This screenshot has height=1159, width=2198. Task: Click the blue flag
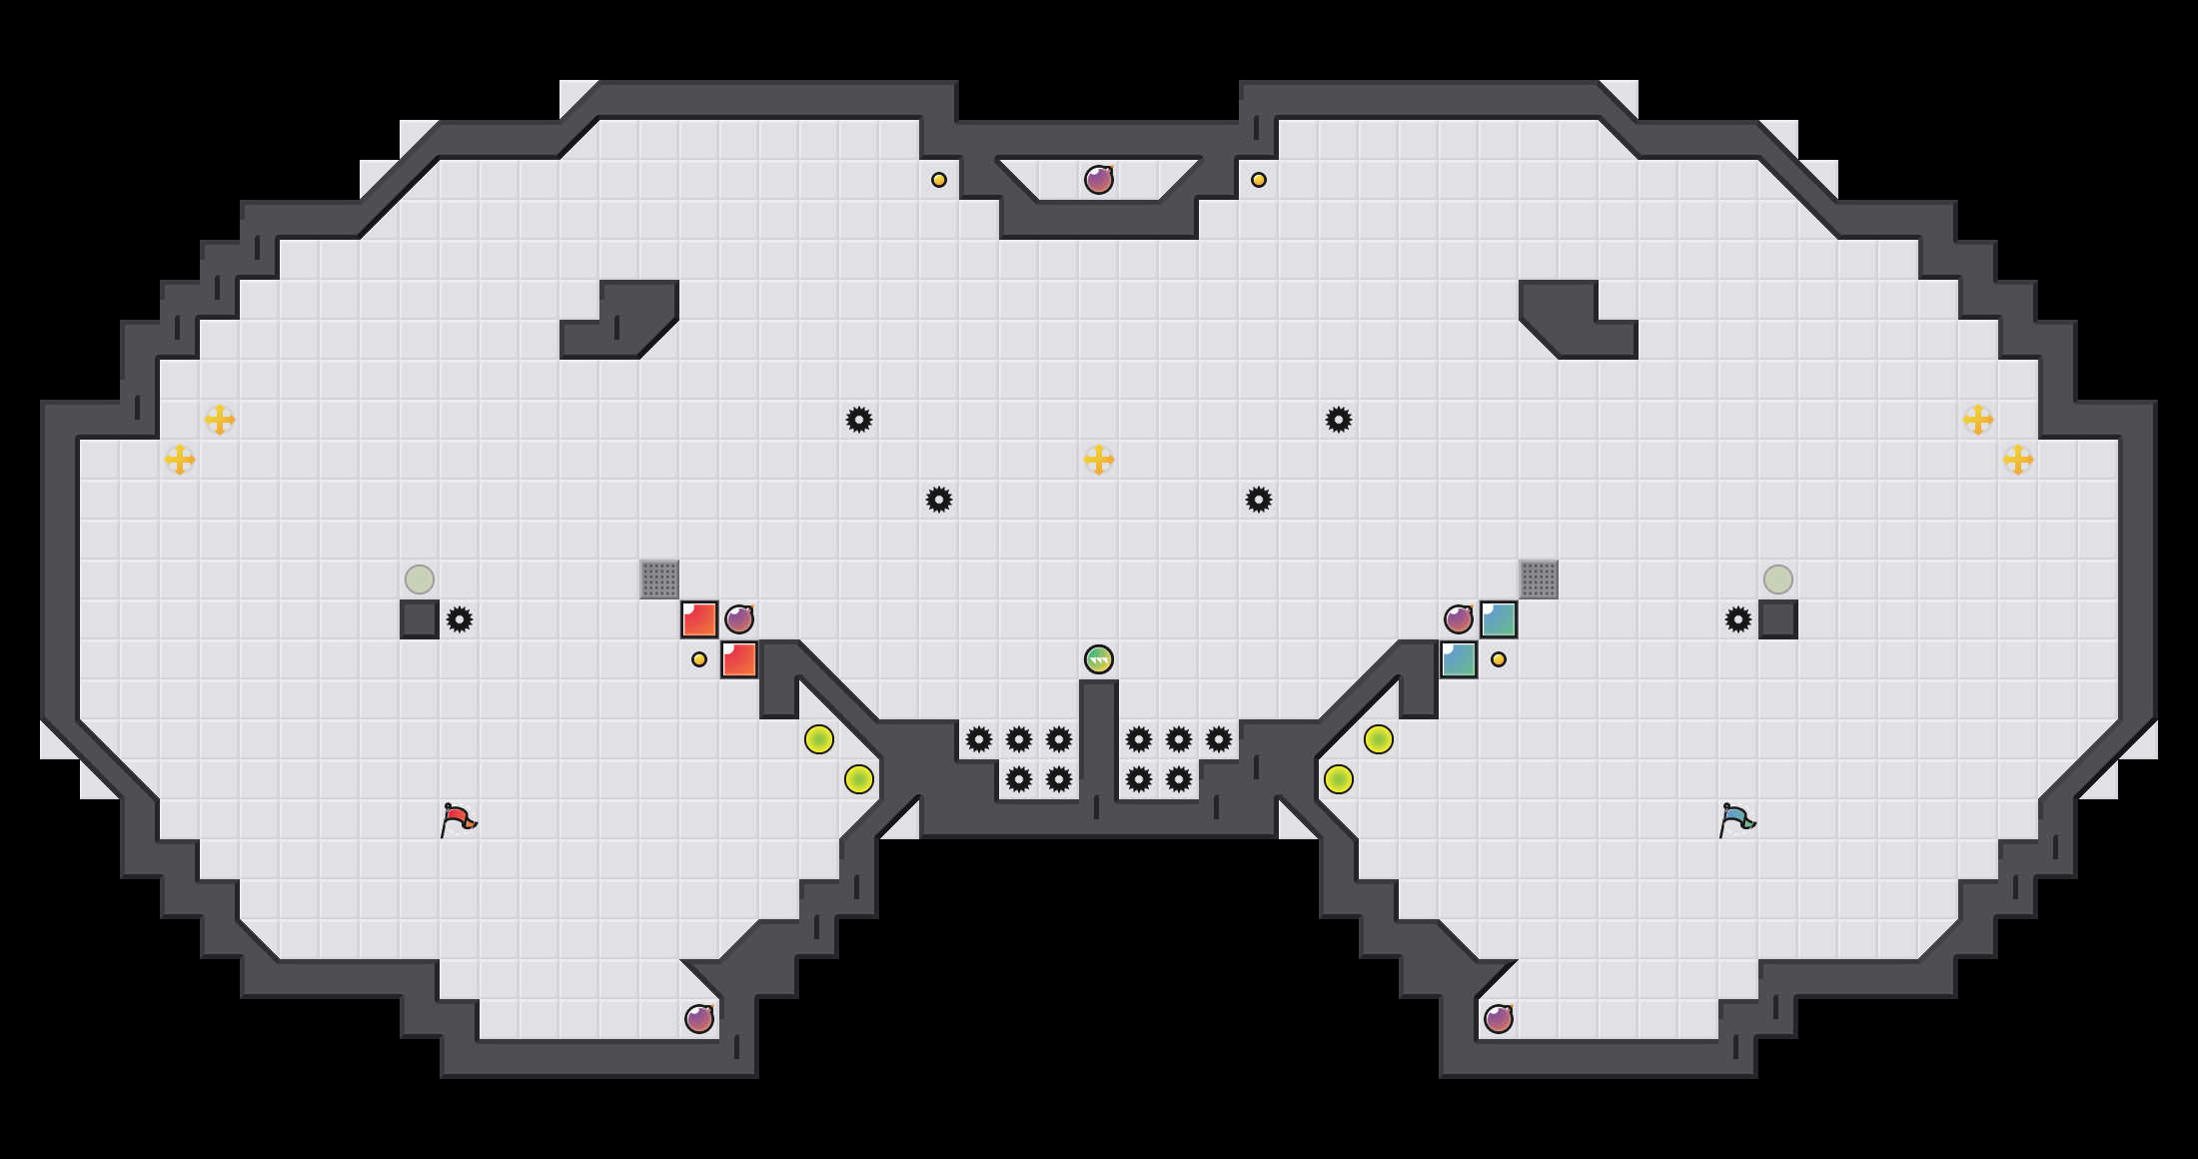coord(1736,819)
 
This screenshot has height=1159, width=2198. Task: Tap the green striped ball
coord(1099,659)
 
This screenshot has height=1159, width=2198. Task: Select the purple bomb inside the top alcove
coord(1099,180)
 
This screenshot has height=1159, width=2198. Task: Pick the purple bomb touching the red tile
coord(739,619)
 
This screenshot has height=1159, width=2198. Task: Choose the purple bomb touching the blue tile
coord(1459,619)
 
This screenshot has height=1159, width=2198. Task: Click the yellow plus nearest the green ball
coord(1099,460)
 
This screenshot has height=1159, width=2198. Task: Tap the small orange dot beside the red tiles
coord(699,659)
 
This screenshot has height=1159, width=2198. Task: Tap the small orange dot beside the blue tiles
coord(1499,659)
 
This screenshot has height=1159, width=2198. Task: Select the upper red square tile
coord(699,619)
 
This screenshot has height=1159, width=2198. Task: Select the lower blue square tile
coord(1459,659)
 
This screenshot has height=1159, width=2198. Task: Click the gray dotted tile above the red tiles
coord(659,579)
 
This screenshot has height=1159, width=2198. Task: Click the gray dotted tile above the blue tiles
coord(1539,579)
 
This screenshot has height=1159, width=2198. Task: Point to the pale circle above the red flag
coord(420,579)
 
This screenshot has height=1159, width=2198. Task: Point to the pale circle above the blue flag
coord(1778,579)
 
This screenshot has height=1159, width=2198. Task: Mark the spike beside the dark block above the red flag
coord(460,619)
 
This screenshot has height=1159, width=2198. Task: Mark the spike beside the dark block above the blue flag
coord(1738,619)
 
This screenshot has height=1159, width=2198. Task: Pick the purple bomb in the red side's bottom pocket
coord(699,1019)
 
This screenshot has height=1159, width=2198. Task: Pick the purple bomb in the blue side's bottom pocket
coord(1499,1019)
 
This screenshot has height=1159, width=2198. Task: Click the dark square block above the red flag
coord(420,619)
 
